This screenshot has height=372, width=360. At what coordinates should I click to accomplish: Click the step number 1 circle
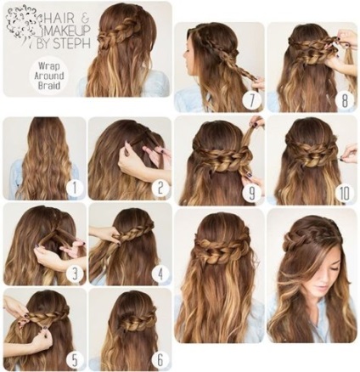click(74, 189)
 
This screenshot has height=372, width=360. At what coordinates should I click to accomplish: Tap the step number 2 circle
click(160, 189)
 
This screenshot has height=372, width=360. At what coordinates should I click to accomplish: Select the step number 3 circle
click(74, 273)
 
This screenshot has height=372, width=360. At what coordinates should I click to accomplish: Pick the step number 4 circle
click(160, 273)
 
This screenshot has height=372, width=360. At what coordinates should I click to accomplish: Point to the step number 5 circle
click(74, 359)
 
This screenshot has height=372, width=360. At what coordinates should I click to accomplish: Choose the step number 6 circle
click(160, 359)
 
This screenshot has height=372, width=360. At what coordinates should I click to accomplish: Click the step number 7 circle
click(251, 100)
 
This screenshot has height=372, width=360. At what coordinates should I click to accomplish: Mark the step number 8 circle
click(345, 100)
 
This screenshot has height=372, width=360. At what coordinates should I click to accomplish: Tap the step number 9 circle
click(251, 194)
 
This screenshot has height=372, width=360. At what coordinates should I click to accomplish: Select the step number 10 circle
click(345, 194)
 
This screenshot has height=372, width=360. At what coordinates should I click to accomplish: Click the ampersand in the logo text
click(86, 19)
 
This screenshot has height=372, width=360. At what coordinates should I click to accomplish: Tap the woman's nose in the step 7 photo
click(184, 54)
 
